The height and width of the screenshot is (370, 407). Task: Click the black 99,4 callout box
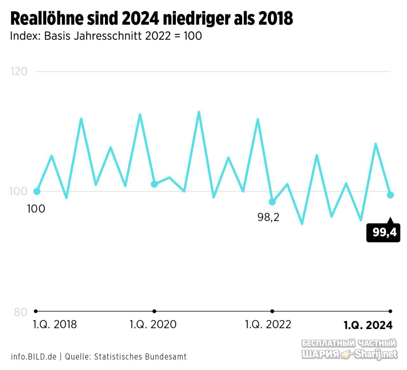coord(383,232)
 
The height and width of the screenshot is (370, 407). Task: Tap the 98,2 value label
coord(268,217)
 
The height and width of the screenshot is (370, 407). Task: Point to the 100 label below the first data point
coord(36,209)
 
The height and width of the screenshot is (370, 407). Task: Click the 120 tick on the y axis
coord(19,72)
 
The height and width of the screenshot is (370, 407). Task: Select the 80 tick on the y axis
coord(21,312)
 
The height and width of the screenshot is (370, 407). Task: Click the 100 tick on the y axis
coord(18,191)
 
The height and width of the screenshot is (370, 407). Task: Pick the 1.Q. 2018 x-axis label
coord(55,325)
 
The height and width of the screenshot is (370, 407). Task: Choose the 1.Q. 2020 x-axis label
coord(153,325)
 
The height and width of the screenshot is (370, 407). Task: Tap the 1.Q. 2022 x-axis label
coord(268,325)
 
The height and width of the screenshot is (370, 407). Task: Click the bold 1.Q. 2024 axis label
coord(368,325)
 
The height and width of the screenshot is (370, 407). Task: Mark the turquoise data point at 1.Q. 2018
coord(37,191)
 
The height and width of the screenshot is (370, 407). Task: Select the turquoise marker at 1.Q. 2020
coord(154,184)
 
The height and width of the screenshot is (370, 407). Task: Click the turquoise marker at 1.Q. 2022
coord(272,202)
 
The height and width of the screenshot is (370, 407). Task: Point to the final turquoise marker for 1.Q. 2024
coord(390,195)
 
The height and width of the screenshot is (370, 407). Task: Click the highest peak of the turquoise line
coord(199,112)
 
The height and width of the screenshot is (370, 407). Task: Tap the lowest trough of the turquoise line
coord(302,224)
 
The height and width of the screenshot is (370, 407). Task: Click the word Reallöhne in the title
coord(47,18)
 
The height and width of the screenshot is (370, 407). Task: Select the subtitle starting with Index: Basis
coord(106,36)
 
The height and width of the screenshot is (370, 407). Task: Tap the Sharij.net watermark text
coord(376,354)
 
